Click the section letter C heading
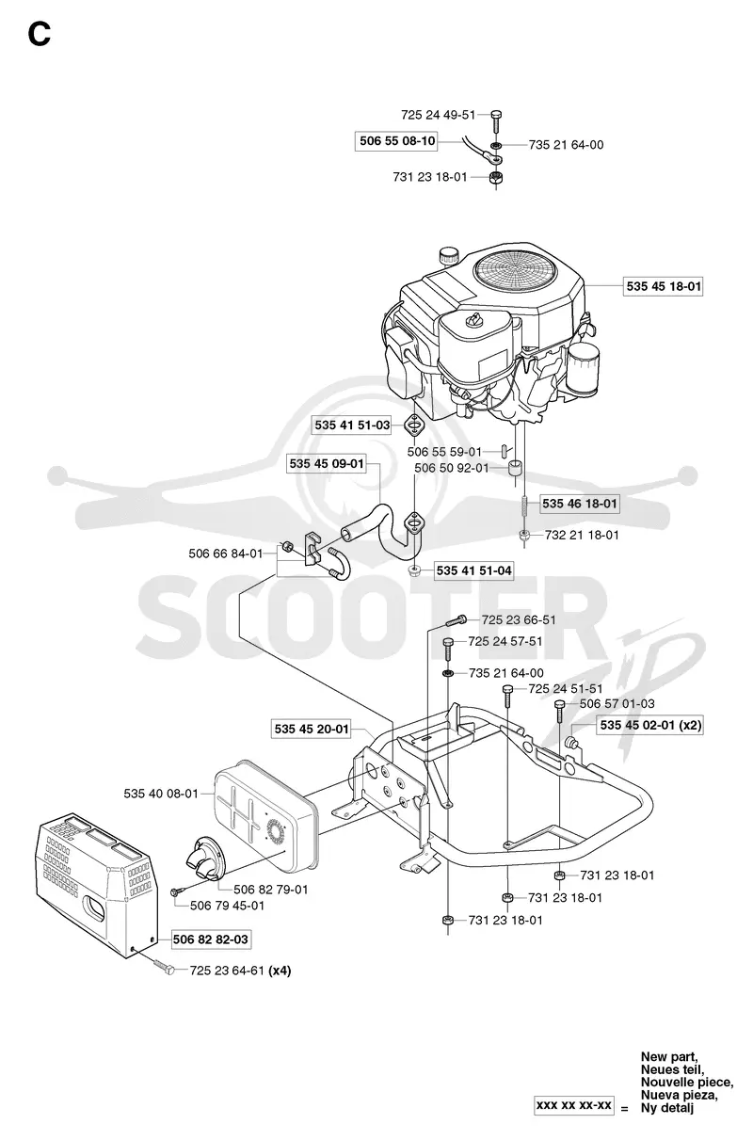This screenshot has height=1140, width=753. tap(40, 35)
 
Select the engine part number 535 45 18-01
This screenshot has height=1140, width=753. tap(664, 286)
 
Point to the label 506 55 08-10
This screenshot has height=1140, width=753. tap(397, 140)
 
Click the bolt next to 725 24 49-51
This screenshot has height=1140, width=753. tap(496, 121)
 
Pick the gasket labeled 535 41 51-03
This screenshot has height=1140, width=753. tap(415, 425)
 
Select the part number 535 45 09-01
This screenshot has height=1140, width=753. tap(327, 464)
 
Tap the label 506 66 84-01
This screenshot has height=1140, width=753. tap(225, 554)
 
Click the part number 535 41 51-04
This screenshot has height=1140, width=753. tap(473, 570)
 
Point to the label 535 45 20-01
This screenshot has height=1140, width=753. tap(312, 729)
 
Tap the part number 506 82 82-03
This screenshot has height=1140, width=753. tap(210, 939)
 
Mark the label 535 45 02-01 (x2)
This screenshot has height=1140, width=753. tap(650, 725)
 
